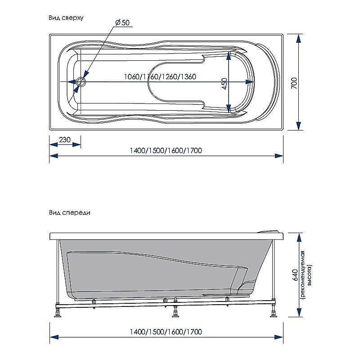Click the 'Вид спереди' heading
[70, 213]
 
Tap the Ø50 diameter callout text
[122, 22]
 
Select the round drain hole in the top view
[81, 82]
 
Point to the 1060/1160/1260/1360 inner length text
[160, 76]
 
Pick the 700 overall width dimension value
[293, 82]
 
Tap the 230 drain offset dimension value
[65, 139]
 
